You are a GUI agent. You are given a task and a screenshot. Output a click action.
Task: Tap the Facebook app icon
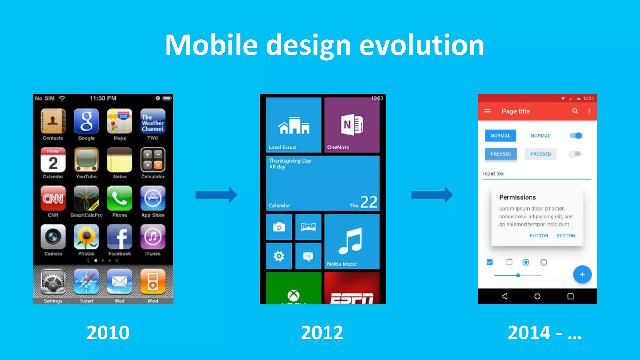[x=119, y=237]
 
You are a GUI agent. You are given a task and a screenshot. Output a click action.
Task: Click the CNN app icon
[x=53, y=198]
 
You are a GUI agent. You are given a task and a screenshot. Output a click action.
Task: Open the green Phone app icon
[x=119, y=198]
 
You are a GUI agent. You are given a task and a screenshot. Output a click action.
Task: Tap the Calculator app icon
[x=153, y=160]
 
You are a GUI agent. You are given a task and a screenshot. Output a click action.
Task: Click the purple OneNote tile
[x=352, y=125]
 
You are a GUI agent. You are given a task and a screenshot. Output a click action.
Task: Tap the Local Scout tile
[x=293, y=125]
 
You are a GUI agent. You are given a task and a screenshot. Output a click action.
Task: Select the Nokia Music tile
[x=352, y=242]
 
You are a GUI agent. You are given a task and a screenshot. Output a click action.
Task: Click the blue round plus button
[x=582, y=275]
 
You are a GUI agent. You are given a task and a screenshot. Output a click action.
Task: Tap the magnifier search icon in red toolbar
[x=575, y=111]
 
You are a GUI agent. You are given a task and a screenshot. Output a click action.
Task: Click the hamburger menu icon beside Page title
[x=487, y=111]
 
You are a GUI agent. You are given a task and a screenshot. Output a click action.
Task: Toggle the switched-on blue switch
[x=576, y=136]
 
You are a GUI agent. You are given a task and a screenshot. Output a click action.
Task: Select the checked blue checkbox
[x=490, y=262]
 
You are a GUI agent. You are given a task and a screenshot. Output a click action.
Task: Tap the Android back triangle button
[x=504, y=296]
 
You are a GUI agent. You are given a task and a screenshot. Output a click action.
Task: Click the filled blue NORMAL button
[x=500, y=136]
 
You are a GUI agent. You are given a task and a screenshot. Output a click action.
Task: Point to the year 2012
[x=322, y=333]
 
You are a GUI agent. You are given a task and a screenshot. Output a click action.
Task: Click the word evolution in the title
[x=422, y=45]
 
